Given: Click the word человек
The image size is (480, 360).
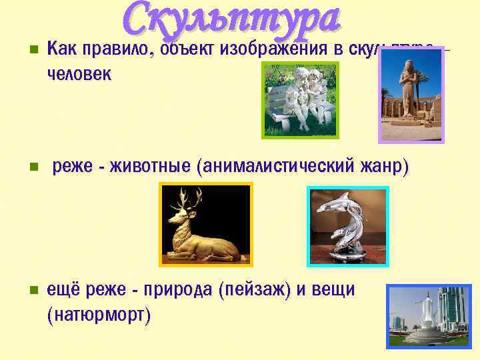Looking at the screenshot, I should point(79,74).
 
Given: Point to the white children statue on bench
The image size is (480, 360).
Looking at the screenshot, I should point(300,100).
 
